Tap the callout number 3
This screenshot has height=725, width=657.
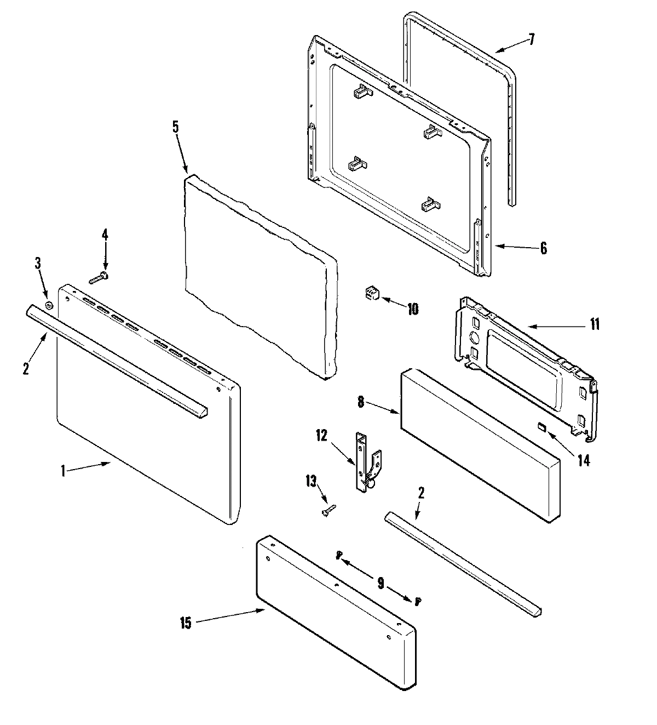[x=38, y=263]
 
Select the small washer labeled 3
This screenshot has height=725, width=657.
[x=49, y=306]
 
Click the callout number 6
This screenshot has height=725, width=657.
[x=543, y=248]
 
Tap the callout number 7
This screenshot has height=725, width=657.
[x=531, y=40]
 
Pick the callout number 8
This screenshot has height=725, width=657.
[x=361, y=403]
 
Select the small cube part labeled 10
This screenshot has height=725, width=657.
[x=372, y=294]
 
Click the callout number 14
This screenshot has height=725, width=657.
[x=584, y=460]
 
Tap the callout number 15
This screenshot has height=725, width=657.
[x=186, y=624]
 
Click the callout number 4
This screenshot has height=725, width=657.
[x=105, y=235]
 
